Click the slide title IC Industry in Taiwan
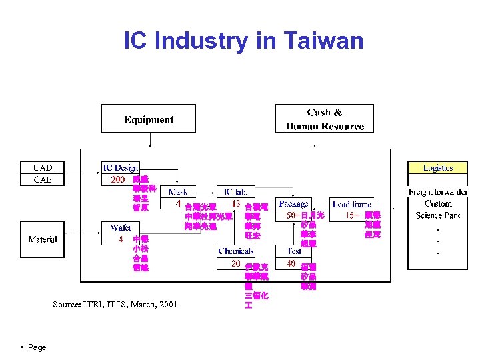(x=243, y=41)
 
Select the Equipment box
(x=149, y=119)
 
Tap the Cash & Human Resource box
(x=325, y=119)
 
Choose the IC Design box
(x=120, y=168)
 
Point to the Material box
(x=43, y=239)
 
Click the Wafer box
(x=121, y=228)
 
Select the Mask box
(x=178, y=192)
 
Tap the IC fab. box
(x=236, y=192)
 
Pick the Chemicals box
(x=236, y=251)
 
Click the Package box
(x=293, y=203)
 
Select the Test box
(x=293, y=251)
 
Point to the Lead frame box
(x=352, y=204)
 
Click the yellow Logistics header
(x=437, y=168)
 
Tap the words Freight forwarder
(x=438, y=193)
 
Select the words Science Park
(x=438, y=215)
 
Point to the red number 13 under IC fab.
(x=235, y=203)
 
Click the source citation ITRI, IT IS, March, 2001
(x=115, y=305)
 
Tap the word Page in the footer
(x=37, y=347)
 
